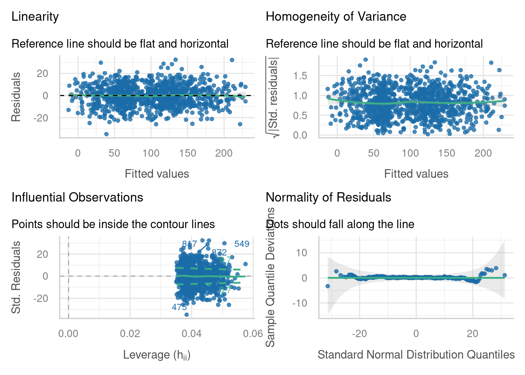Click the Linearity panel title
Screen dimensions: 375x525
35,17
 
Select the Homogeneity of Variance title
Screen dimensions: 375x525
336,17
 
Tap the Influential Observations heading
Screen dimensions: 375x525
77,198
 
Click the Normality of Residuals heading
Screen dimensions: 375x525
329,198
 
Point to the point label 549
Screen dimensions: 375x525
242,244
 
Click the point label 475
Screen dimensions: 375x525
179,307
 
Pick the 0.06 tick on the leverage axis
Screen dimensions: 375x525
253,334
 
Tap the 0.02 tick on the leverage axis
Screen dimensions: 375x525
130,334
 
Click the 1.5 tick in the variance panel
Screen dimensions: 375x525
300,76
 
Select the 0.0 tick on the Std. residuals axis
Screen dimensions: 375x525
300,135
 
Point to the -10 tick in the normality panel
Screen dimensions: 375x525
300,303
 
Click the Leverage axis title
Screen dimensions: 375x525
157,355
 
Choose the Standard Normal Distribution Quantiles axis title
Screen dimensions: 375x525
416,355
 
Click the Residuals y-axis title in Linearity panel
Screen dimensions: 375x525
16,97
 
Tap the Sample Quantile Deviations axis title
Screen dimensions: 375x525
270,277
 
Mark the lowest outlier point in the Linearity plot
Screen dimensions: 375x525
106,134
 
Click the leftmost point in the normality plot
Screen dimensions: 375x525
328,286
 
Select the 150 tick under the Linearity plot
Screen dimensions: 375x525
187,154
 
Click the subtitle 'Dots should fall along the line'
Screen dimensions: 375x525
340,225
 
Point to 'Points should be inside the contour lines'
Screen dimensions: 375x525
113,225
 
